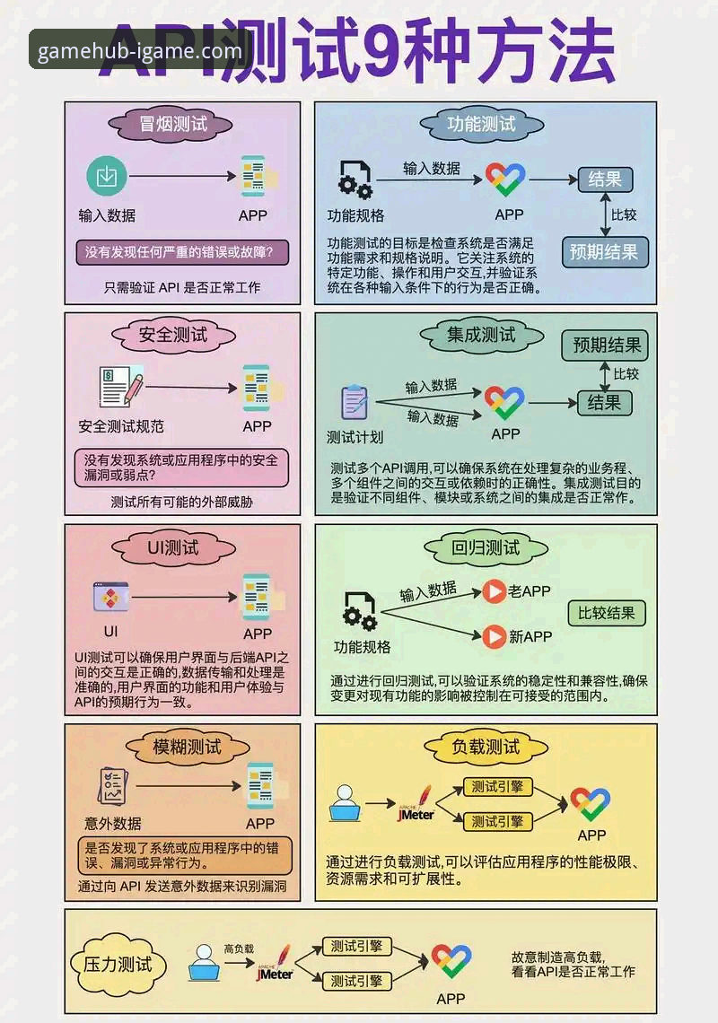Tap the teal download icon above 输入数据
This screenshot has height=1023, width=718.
coord(106,176)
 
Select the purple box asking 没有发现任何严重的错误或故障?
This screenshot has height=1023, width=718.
coord(182,252)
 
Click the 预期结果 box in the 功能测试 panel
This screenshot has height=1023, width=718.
coord(604,252)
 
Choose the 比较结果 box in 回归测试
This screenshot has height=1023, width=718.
coord(607,614)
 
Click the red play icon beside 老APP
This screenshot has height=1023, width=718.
coord(495,591)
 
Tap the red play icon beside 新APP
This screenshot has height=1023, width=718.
coord(495,637)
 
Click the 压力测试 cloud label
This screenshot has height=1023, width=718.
coord(118,966)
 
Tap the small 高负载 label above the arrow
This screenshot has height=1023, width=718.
coord(239,948)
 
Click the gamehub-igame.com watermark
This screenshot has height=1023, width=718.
coord(140,50)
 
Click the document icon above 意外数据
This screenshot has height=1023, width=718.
coord(113,787)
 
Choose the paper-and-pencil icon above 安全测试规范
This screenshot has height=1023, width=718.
coord(120,388)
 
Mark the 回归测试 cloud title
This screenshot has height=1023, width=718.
coord(486,547)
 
